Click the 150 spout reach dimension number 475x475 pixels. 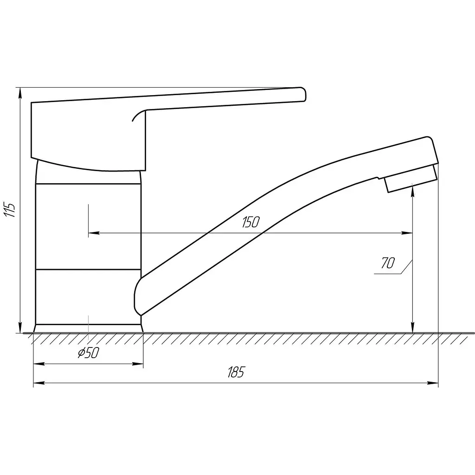[250, 222]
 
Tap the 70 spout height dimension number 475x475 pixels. [387, 263]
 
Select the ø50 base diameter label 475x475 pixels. [89, 353]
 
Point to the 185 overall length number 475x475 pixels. [236, 372]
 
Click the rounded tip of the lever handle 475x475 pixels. [303, 94]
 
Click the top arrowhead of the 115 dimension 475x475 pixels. [20, 93]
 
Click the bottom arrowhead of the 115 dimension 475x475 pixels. [20, 327]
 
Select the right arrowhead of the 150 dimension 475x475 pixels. [407, 233]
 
